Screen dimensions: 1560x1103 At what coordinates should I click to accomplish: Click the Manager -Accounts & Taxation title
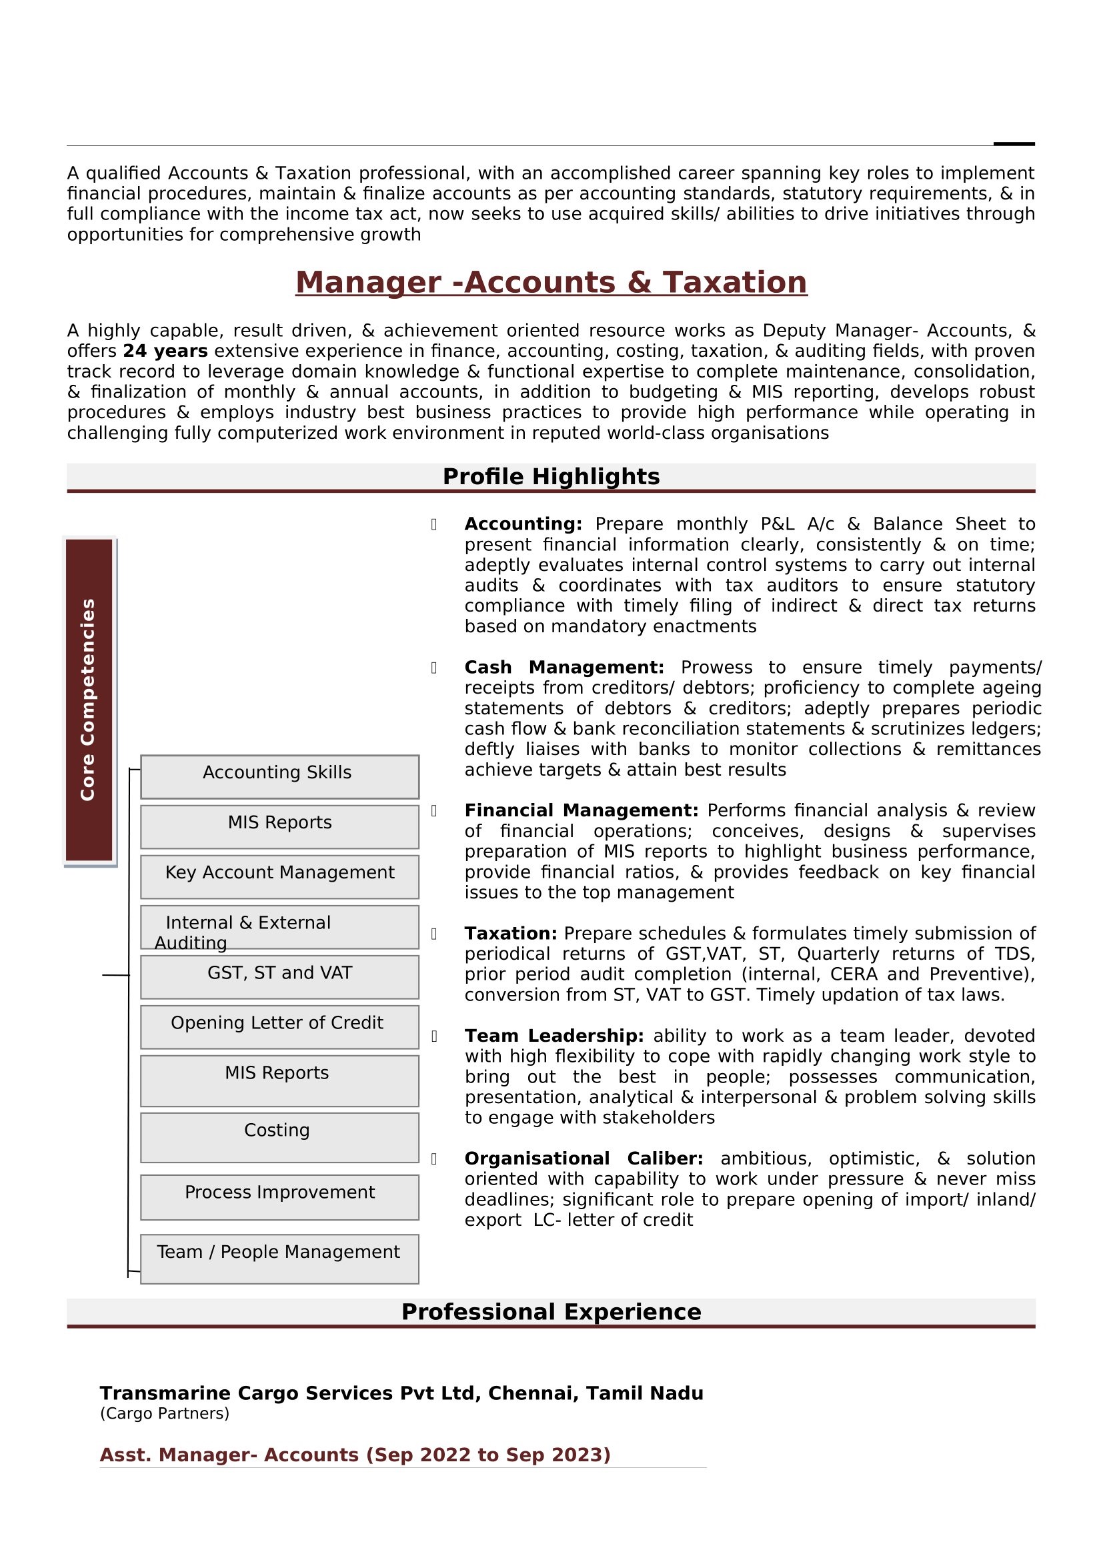551,283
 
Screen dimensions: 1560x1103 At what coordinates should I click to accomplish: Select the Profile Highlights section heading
551,477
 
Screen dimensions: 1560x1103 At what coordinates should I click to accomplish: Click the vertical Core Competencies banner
89,700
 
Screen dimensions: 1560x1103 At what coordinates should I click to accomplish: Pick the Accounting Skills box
279,776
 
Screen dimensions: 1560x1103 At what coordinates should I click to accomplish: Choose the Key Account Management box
279,876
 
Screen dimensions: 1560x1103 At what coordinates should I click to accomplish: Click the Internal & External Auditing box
279,927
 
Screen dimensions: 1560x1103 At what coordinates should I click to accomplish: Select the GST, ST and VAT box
279,976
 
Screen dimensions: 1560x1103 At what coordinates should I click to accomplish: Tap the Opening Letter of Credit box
279,1026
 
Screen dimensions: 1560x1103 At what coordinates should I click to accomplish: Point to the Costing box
279,1137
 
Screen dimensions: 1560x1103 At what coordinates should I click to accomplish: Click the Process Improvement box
279,1197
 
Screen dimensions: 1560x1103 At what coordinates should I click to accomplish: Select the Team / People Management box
279,1259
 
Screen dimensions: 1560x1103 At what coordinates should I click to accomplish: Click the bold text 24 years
165,351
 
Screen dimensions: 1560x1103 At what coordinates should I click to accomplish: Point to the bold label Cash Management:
564,667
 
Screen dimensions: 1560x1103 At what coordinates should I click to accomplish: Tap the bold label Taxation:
511,934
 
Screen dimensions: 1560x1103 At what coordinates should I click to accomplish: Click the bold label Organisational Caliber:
584,1158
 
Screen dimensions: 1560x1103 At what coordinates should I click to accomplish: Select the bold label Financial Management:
582,810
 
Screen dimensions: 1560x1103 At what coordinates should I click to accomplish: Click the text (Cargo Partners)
164,1413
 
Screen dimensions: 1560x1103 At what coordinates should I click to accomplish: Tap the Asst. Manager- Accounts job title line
355,1455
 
